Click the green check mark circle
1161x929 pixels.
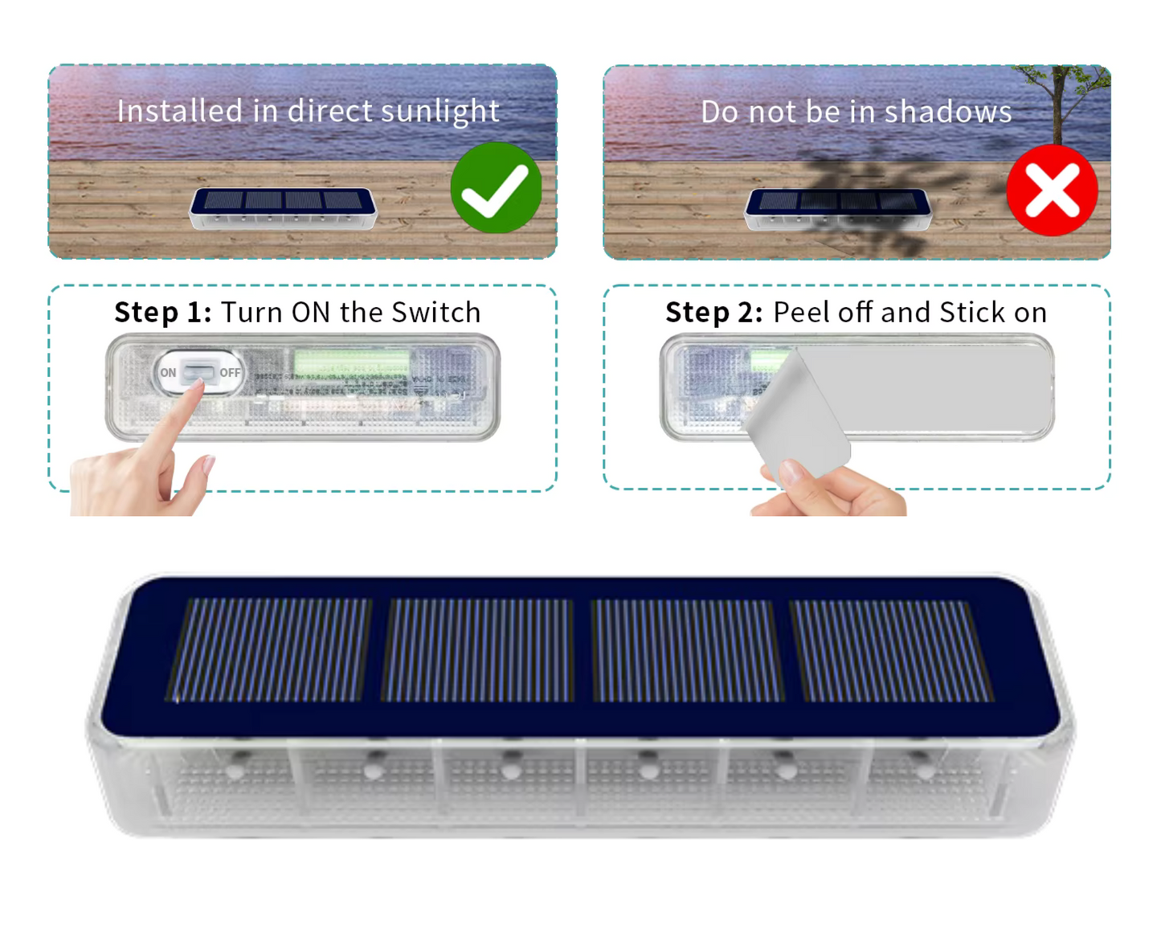[x=496, y=187]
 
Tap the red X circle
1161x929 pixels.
[x=1052, y=190]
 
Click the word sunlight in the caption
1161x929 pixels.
[x=440, y=111]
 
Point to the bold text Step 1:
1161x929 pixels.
[x=162, y=312]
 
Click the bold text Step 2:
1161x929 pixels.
[x=713, y=312]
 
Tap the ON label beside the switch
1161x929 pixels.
[x=168, y=372]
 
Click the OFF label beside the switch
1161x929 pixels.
[x=230, y=372]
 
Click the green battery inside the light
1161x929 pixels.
[x=351, y=361]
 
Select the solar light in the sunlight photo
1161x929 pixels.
[x=283, y=209]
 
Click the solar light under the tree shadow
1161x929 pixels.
[x=838, y=210]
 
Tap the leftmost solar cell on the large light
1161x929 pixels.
[x=269, y=650]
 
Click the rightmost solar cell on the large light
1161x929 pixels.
[x=891, y=651]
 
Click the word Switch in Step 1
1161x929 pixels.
[x=436, y=312]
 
